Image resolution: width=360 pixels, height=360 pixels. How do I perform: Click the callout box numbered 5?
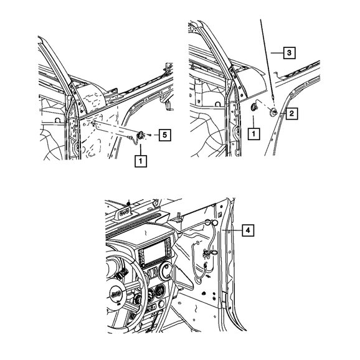coord(164,135)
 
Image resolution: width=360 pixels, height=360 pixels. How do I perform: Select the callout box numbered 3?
coord(289,53)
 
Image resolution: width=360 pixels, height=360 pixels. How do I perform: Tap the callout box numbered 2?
coord(291,113)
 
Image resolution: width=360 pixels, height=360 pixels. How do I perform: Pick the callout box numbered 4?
coord(248,230)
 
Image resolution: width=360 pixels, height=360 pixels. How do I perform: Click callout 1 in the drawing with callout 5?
coord(141,161)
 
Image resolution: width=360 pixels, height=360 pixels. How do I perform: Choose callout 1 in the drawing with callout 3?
coord(253,134)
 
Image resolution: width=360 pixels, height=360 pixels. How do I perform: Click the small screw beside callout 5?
coord(149,135)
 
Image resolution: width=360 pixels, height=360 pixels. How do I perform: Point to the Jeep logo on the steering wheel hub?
coord(115,295)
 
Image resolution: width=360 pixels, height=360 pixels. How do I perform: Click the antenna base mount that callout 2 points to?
coord(273,112)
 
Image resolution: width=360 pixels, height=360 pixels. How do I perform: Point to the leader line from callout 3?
coord(277,53)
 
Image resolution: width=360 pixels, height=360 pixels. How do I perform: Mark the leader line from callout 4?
coord(232,230)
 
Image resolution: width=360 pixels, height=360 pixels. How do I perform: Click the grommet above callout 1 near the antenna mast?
coord(254,107)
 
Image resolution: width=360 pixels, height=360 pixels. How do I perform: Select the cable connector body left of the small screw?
coord(141,135)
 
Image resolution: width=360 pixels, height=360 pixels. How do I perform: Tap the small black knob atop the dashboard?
coord(129,203)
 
